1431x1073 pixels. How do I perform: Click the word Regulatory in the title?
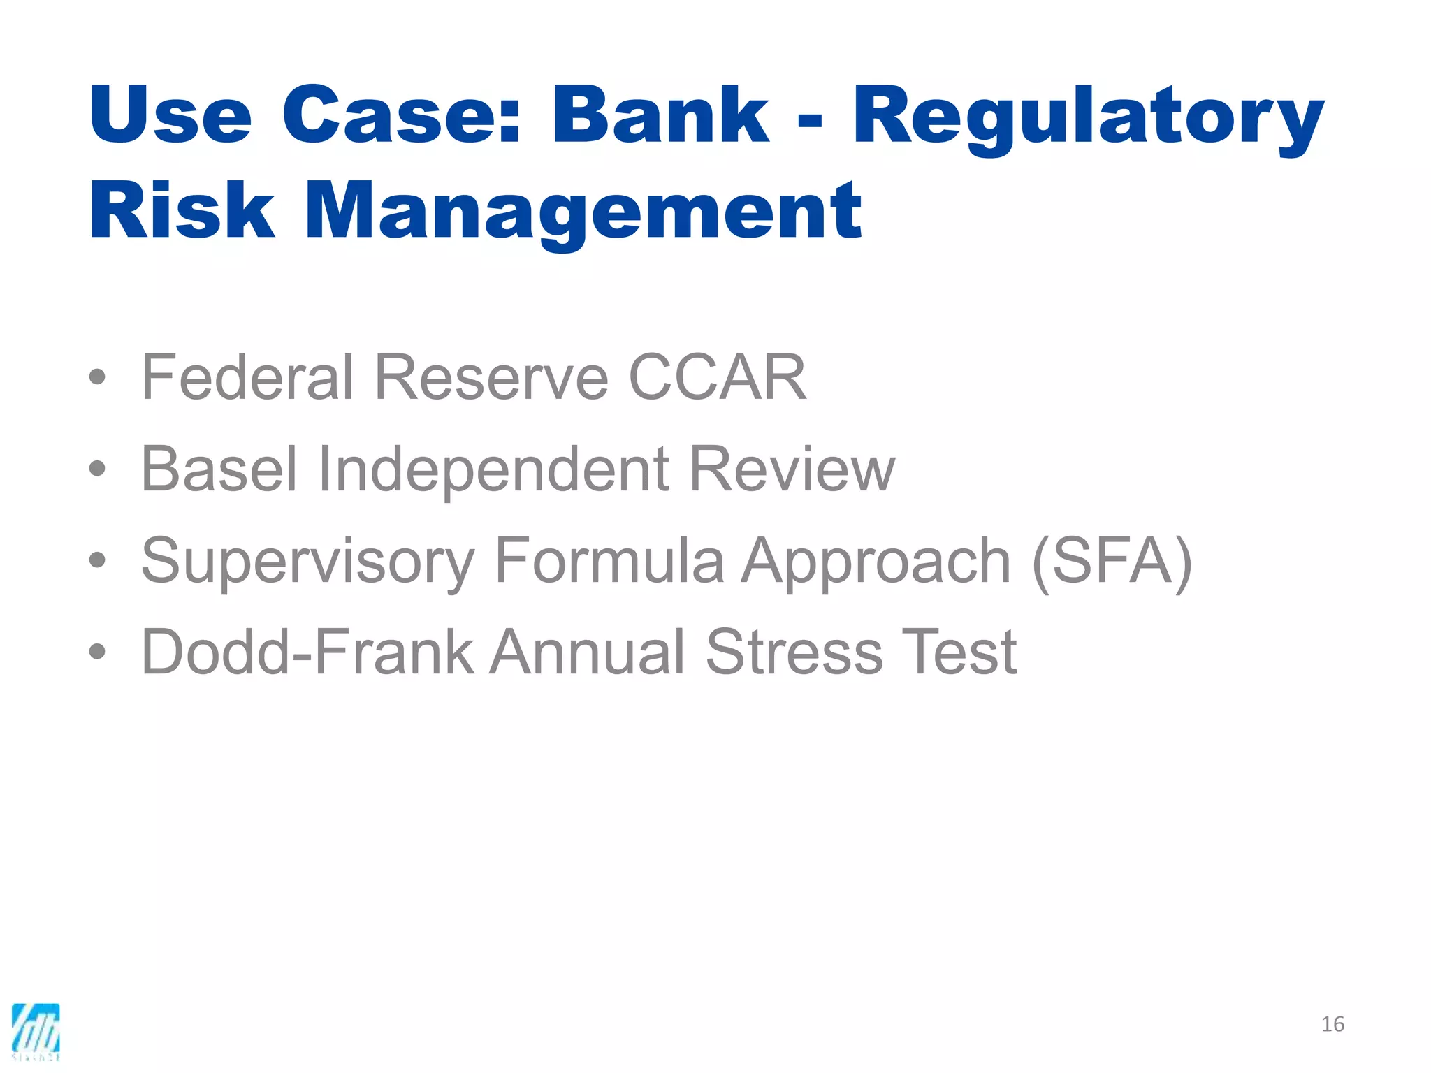coord(1087,115)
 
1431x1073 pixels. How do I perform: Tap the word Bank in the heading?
coord(660,115)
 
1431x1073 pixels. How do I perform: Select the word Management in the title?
coord(583,210)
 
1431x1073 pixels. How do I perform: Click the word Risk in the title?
coord(182,210)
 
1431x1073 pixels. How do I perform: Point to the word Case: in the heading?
coord(401,115)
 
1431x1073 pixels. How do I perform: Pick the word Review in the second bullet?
coord(791,469)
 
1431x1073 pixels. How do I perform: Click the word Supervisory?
coord(307,561)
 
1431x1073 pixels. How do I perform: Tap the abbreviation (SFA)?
coord(1112,561)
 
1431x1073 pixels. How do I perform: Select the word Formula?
coord(609,561)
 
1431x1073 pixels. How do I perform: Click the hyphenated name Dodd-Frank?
coord(307,652)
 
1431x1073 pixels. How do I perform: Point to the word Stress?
coord(794,652)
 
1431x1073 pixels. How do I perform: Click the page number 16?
coord(1332,1024)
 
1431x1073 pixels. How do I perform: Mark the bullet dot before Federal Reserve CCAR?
coord(97,378)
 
